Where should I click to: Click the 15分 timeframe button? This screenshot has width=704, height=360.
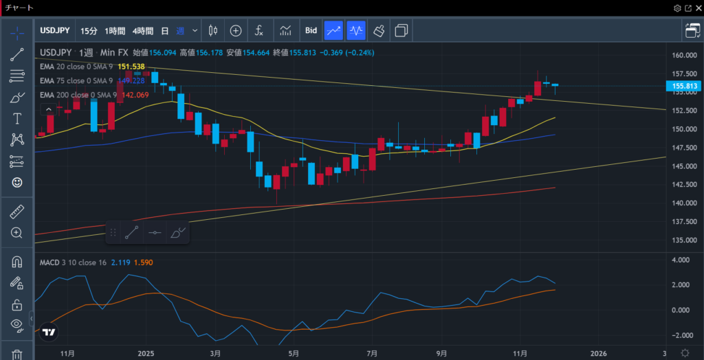point(89,30)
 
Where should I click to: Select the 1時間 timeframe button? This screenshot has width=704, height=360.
point(115,30)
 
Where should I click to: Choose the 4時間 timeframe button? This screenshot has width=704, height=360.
point(142,30)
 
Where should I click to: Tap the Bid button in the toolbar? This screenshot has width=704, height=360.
point(311,30)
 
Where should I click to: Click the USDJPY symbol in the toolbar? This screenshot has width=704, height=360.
point(54,30)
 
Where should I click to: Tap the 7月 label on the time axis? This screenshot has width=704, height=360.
point(373,353)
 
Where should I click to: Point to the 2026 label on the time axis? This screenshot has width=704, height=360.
point(599,353)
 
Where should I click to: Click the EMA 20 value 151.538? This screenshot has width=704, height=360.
point(131,67)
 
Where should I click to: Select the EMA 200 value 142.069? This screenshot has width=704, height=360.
point(135,95)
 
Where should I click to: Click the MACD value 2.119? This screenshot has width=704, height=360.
point(121,262)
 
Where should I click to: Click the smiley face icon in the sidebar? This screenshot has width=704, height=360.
point(17,182)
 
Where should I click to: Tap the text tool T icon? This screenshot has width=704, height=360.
point(17,119)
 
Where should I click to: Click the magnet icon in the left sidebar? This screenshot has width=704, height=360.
point(17,262)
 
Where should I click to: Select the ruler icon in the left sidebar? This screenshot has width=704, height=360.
point(17,212)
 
